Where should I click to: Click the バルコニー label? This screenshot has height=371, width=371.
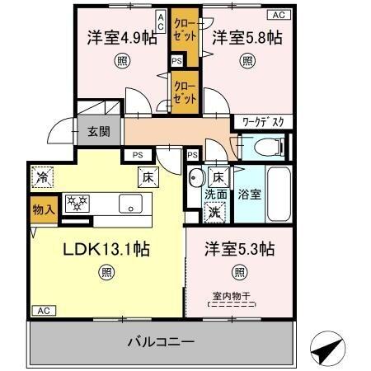pos(161,340)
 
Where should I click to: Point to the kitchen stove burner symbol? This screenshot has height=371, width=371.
pos(77,203)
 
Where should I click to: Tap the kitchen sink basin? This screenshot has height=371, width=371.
pos(131,203)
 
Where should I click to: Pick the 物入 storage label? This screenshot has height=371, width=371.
pos(43,209)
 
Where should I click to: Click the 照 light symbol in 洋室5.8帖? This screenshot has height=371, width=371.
pos(247,60)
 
